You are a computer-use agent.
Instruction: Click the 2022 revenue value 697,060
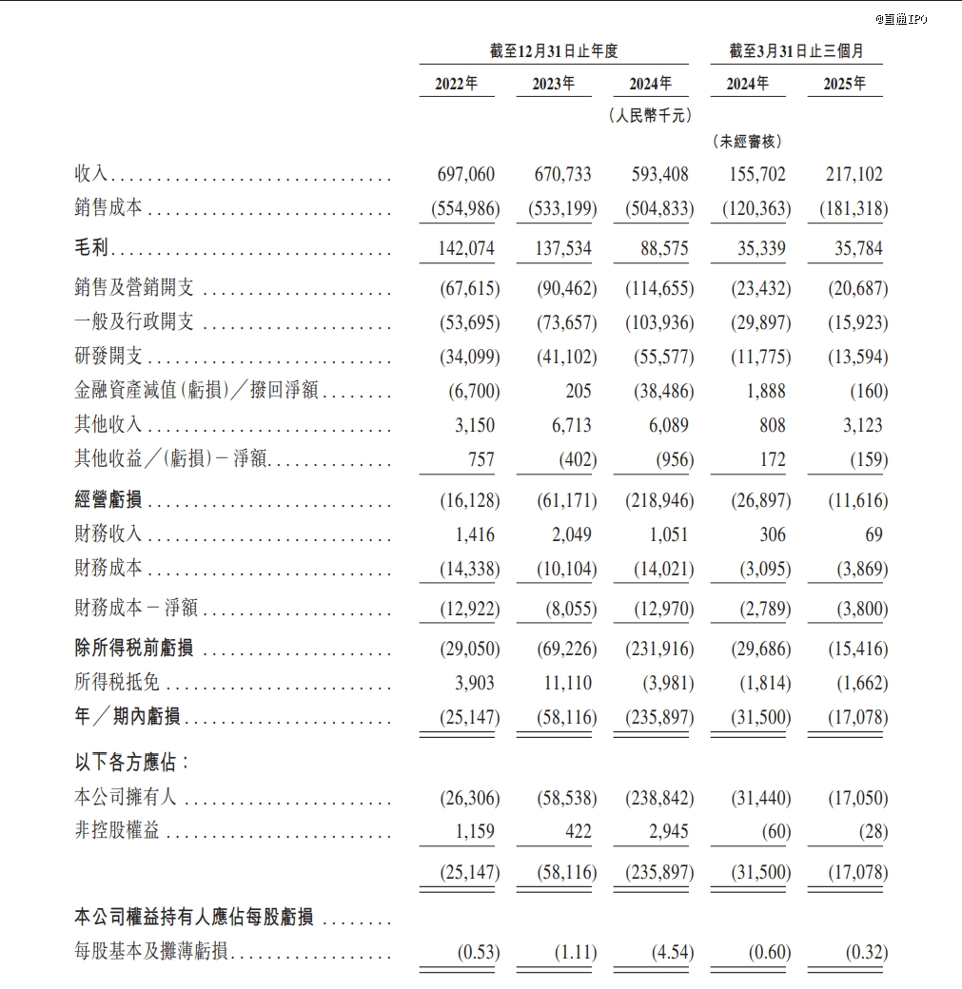(465, 174)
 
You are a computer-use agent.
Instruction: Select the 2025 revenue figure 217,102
(851, 174)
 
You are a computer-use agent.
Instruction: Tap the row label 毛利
(92, 249)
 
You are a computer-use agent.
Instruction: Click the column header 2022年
(457, 84)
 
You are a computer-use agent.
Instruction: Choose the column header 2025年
(844, 84)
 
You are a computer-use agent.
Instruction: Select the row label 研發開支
(108, 357)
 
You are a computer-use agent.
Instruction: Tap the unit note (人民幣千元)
(650, 115)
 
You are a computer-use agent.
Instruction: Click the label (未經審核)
(747, 141)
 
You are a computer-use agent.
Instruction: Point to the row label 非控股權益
(116, 832)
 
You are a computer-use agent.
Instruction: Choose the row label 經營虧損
(108, 501)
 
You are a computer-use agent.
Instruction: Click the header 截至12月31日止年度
(554, 51)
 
